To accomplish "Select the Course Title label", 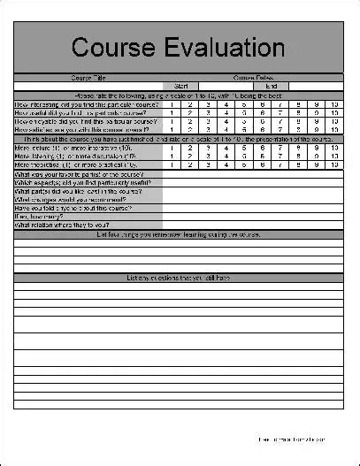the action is pos(88,77).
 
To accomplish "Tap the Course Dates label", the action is pos(252,77).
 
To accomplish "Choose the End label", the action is pos(272,86).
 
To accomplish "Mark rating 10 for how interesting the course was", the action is pos(333,104).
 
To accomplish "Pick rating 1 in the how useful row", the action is pos(172,113).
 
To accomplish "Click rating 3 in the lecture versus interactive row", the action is pos(208,148).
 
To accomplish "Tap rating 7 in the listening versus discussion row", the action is pos(280,157).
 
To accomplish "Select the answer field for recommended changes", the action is pos(252,200).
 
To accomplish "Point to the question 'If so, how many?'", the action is pos(44,217).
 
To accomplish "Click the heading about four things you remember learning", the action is pos(178,234).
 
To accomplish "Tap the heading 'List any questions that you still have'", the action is pos(178,278).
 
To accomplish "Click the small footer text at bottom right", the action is pos(291,439).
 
